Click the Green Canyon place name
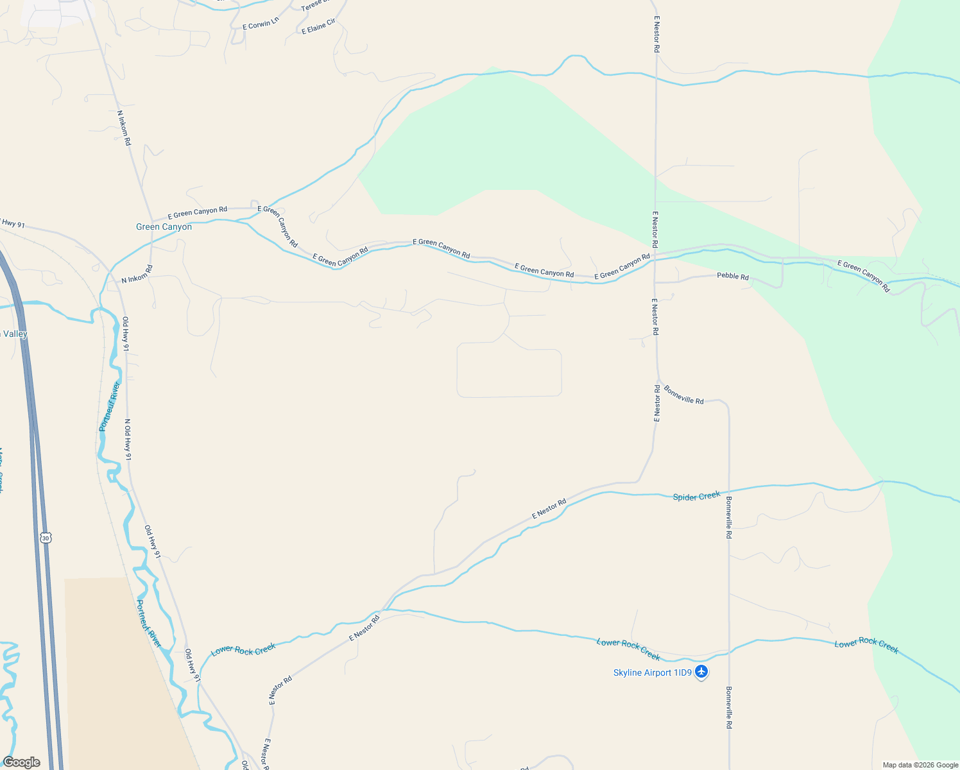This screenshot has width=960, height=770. pyautogui.click(x=164, y=227)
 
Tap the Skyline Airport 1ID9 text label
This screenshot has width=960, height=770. pyautogui.click(x=652, y=672)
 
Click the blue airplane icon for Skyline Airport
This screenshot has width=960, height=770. pyautogui.click(x=701, y=672)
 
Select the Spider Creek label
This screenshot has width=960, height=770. pyautogui.click(x=696, y=496)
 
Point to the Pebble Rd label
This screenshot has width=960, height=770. pyautogui.click(x=732, y=277)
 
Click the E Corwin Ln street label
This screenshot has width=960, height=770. pyautogui.click(x=261, y=24)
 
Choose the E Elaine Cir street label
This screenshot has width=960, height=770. pyautogui.click(x=318, y=26)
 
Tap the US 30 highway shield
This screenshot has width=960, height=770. pyautogui.click(x=45, y=537)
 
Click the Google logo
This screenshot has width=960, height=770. pyautogui.click(x=21, y=762)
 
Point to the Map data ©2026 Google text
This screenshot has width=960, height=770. pyautogui.click(x=920, y=765)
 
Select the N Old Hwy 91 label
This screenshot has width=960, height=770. pyautogui.click(x=128, y=440)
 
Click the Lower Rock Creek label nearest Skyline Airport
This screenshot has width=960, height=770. pyautogui.click(x=628, y=649)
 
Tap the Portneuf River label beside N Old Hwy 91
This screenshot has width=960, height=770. pyautogui.click(x=110, y=406)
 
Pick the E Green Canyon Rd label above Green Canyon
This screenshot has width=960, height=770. pyautogui.click(x=197, y=211)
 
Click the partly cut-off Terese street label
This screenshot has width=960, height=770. pyautogui.click(x=311, y=5)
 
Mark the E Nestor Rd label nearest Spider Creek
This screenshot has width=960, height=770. pyautogui.click(x=549, y=509)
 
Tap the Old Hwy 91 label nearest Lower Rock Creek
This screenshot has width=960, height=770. pyautogui.click(x=193, y=665)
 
